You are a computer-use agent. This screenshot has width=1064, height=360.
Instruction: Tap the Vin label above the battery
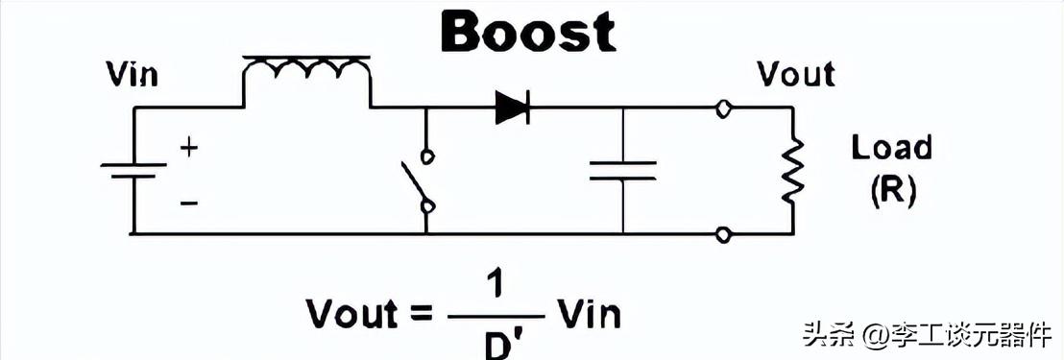coord(132,75)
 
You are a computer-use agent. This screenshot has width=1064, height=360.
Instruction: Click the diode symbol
coord(512,108)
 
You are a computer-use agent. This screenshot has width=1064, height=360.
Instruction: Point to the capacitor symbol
coord(622,170)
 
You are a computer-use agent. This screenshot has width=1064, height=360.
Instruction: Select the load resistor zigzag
coord(791,170)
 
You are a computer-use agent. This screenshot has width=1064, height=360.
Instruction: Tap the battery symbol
coord(133,170)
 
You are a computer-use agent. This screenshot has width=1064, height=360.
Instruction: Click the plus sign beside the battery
coord(189,148)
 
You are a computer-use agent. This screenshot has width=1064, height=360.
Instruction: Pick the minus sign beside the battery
coord(189,203)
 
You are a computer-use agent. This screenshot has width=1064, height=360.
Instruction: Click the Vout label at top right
coord(795,74)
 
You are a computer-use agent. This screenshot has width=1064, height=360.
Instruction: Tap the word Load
coord(891,148)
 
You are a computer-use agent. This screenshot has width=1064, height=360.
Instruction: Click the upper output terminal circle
coord(723,108)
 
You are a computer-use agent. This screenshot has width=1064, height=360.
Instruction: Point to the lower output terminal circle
coord(723,233)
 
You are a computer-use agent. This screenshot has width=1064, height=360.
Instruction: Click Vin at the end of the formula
coord(588,313)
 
